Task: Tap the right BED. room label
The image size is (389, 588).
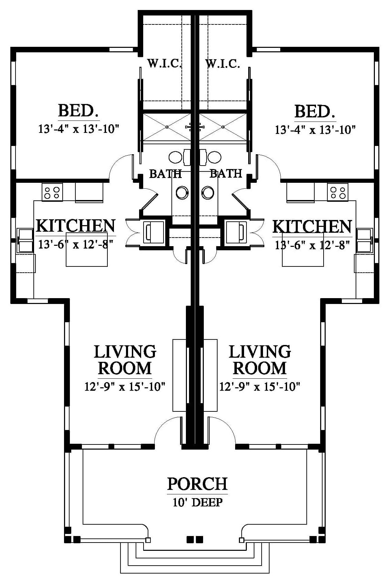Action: [315, 112]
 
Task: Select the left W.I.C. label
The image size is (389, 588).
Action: [165, 63]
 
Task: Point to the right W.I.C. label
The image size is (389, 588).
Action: [223, 64]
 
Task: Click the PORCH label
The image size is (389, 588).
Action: [197, 484]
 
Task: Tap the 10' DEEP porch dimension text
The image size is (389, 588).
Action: [198, 502]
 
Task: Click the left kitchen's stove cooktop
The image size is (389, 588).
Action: [52, 192]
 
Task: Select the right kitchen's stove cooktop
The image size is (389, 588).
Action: [338, 192]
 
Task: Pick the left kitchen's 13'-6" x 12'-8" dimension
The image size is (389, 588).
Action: [76, 245]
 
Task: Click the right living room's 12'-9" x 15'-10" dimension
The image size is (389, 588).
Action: [260, 387]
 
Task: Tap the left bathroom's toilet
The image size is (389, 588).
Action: [182, 193]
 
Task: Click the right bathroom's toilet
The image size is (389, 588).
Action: [208, 193]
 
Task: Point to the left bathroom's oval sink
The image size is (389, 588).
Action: [175, 157]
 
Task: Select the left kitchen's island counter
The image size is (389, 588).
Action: [87, 249]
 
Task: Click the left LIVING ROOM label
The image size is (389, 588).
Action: [125, 360]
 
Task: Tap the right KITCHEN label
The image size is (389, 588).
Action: [312, 227]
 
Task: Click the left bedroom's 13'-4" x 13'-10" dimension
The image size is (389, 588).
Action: [79, 129]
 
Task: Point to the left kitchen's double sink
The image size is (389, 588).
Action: [25, 240]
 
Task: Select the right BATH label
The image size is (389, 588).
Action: [226, 174]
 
